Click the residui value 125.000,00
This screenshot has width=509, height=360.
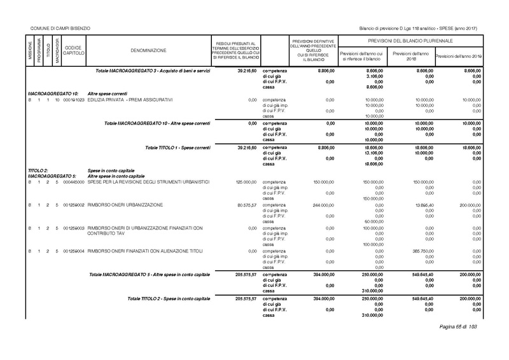(245, 183)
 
